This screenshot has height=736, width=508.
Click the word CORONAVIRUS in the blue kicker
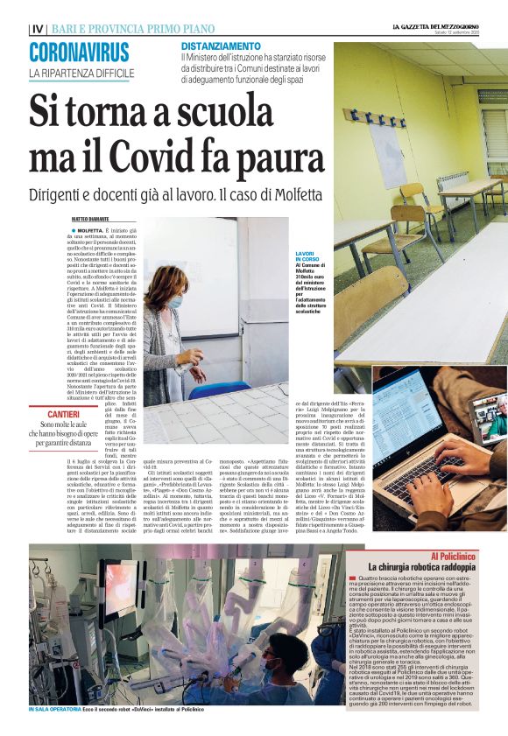(78, 53)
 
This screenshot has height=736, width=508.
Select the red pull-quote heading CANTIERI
(65, 414)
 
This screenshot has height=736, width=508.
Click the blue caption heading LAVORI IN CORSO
(307, 256)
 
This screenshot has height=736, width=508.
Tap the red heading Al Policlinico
(455, 557)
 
